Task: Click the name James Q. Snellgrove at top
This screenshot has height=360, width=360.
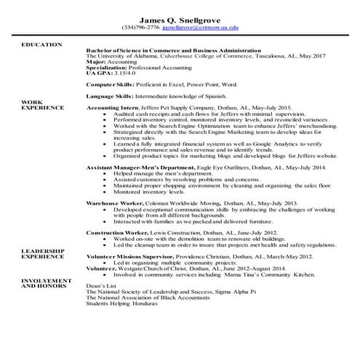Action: tap(180, 20)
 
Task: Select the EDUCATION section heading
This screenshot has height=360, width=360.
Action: tap(42, 45)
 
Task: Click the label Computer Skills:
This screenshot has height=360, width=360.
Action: tap(108, 84)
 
